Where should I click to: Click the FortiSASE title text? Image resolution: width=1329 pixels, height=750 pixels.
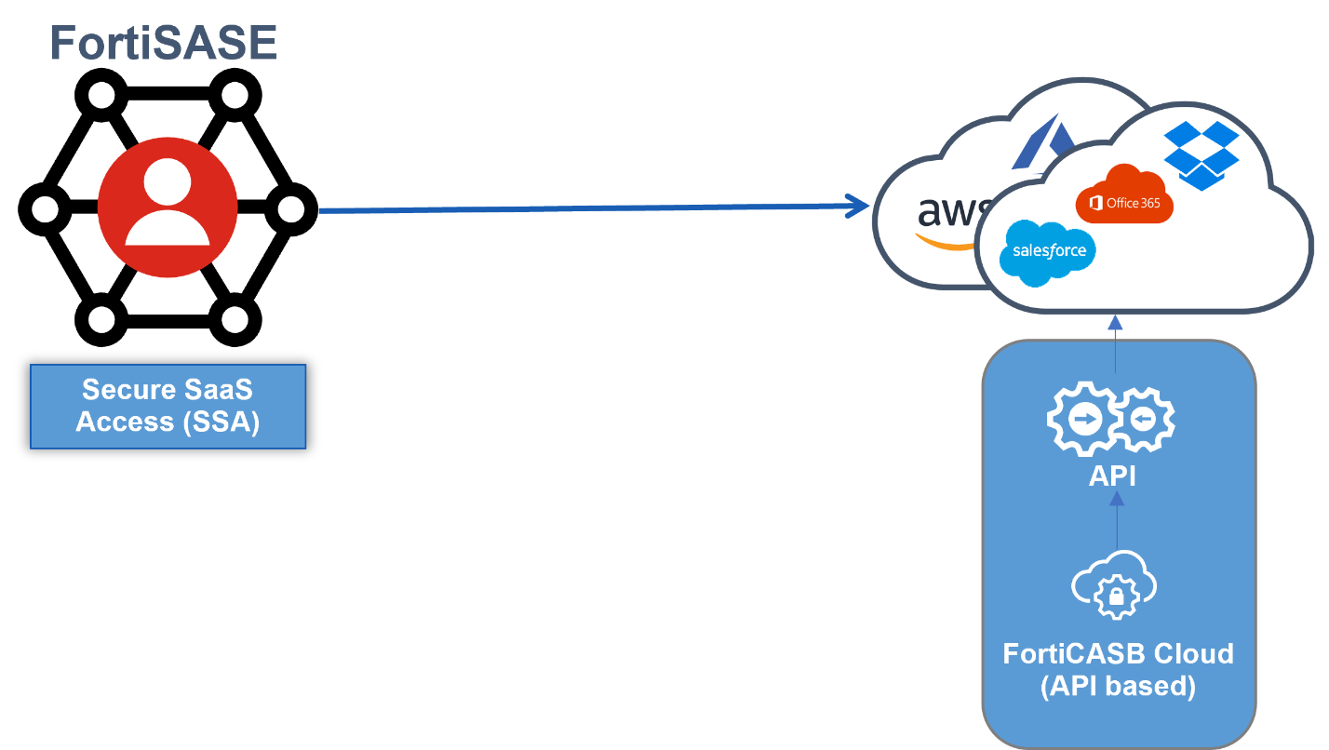point(164,44)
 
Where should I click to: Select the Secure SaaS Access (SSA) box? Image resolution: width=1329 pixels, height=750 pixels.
point(168,407)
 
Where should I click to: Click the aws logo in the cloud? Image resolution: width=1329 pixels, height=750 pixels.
point(945,214)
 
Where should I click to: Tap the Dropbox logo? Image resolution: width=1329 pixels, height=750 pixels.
point(1201,154)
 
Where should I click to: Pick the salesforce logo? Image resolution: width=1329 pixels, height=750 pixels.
point(1048,250)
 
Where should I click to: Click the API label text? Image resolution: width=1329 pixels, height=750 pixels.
point(1113,475)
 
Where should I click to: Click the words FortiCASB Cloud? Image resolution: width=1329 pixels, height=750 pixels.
point(1118,653)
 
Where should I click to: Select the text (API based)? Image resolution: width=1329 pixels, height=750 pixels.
point(1117,686)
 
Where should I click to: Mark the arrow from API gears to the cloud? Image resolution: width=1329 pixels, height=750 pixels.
point(1115,350)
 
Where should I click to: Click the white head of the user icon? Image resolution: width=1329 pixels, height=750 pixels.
point(168,181)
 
